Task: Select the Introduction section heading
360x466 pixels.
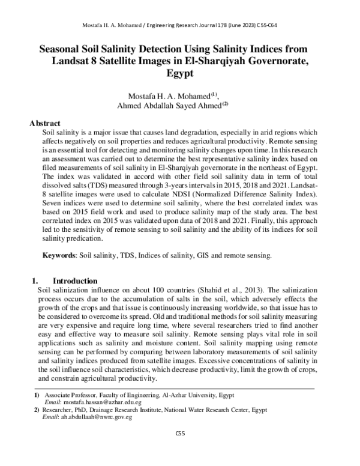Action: click(76, 280)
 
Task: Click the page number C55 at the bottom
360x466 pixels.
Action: click(179, 433)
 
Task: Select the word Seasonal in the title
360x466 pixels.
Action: click(63, 48)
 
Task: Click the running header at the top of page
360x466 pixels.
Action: click(179, 25)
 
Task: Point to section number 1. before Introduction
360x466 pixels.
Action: click(34, 280)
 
